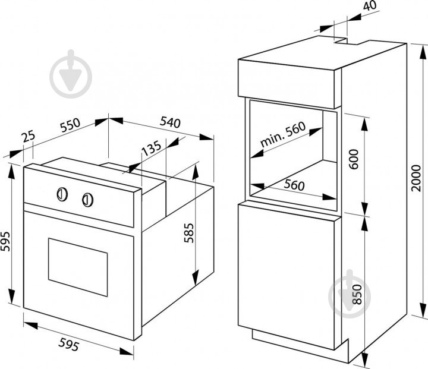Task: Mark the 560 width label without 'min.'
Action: tap(294, 185)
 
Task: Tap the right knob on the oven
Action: tap(87, 199)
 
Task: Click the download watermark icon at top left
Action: tap(71, 75)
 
